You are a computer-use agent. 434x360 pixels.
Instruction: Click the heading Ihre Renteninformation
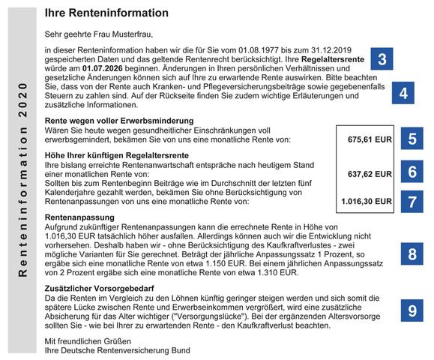pyautogui.click(x=106, y=13)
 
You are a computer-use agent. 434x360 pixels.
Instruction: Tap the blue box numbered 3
pyautogui.click(x=382, y=60)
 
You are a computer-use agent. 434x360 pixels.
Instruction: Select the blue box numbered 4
pyautogui.click(x=403, y=94)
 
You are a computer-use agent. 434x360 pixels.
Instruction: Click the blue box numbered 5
pyautogui.click(x=413, y=139)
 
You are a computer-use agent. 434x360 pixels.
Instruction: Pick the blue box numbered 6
pyautogui.click(x=413, y=172)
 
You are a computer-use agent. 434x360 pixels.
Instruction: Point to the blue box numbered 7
pyautogui.click(x=413, y=201)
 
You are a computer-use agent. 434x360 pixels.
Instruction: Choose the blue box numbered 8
pyautogui.click(x=413, y=253)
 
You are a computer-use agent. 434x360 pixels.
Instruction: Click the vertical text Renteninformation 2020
pyautogui.click(x=23, y=179)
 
